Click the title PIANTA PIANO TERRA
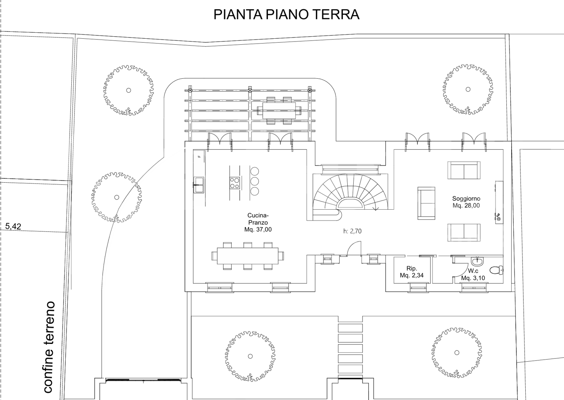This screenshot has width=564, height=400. click(286, 15)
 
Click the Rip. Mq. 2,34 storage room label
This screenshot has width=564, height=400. click(411, 272)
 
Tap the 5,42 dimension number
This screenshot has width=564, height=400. click(13, 227)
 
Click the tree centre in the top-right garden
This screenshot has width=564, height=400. click(468, 90)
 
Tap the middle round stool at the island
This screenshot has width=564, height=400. click(255, 181)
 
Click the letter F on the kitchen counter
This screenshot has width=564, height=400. click(199, 155)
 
